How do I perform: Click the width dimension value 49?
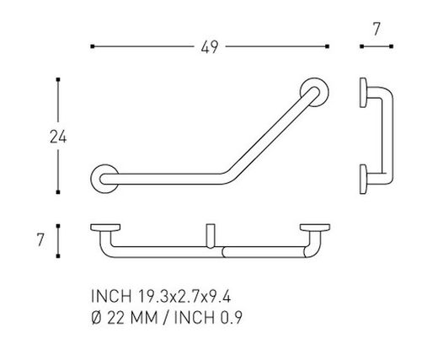[209, 47]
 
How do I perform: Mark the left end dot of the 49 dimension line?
[91, 47]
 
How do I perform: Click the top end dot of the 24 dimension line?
[57, 80]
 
